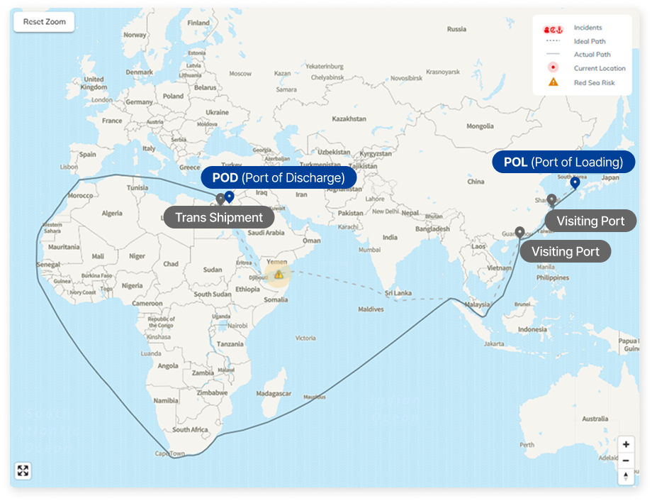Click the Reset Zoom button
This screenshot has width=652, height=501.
44,22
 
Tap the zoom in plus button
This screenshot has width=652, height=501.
626,445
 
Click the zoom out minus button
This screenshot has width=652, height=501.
626,461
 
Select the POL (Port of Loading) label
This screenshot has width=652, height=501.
563,163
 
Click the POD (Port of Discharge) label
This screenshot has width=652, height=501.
279,177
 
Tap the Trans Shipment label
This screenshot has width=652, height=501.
219,218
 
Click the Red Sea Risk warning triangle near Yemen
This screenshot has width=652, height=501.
279,274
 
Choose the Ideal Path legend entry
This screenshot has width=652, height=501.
589,41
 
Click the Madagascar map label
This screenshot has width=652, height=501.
273,393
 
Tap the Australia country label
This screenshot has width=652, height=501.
594,419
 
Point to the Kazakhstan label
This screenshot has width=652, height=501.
349,119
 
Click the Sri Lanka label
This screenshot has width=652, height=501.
399,292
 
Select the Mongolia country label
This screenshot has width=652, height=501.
480,126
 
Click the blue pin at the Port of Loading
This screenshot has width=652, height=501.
575,183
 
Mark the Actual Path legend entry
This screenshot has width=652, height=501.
592,55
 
